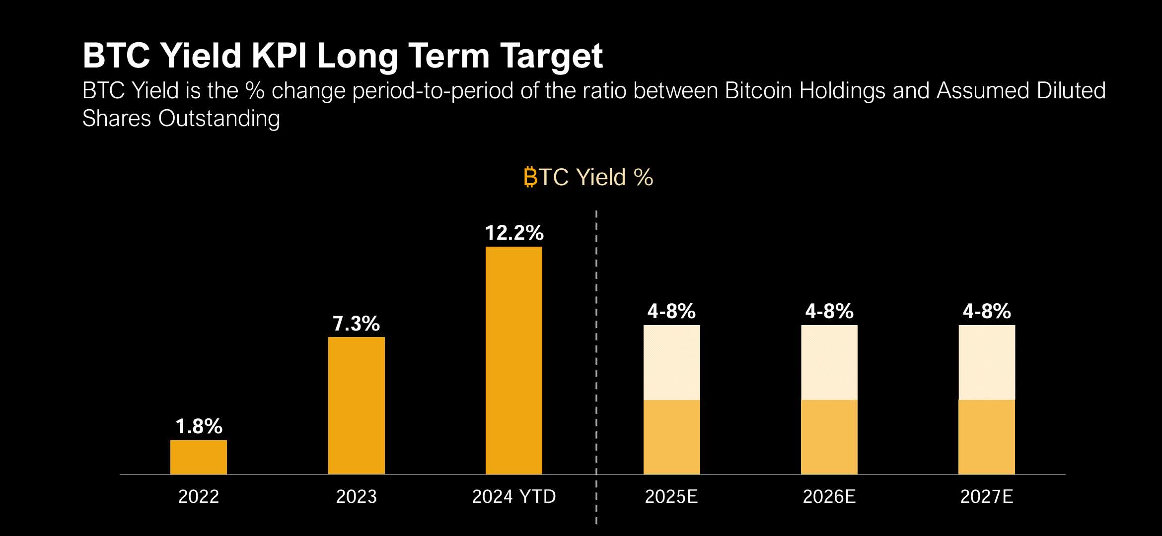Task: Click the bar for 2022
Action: pos(199,457)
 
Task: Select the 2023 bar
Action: pos(357,405)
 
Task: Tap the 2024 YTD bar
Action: pos(514,360)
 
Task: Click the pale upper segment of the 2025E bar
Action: pos(672,362)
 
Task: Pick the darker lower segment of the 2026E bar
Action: pos(829,437)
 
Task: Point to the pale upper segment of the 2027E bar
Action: pos(987,362)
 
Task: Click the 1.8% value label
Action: pos(199,426)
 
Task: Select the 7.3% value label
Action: pos(357,324)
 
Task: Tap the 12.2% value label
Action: pos(514,233)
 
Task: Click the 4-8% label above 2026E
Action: pos(829,311)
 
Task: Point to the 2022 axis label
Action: pos(199,496)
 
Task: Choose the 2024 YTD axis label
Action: pos(514,496)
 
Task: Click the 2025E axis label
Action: pos(671,496)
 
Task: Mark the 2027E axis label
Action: pos(987,496)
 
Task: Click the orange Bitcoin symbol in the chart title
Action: pos(530,177)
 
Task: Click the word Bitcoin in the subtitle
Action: pos(758,91)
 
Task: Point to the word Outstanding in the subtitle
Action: pos(219,119)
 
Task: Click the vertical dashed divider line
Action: pos(596,347)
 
